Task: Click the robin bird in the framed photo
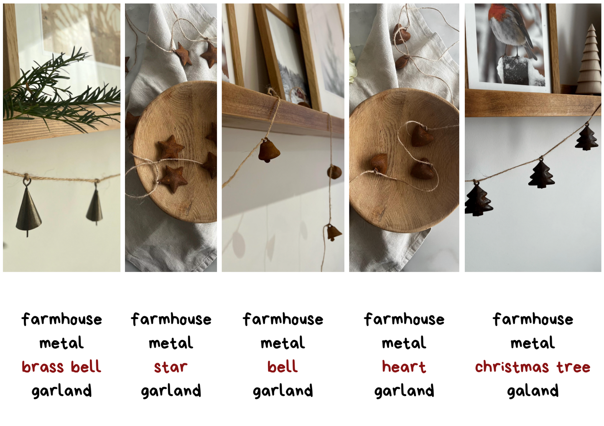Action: click(509, 29)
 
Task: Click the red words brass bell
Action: click(61, 367)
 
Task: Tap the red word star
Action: click(171, 367)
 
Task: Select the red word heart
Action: click(404, 367)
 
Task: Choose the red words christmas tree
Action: click(533, 367)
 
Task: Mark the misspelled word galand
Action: click(533, 390)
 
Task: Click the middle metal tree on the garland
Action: click(541, 175)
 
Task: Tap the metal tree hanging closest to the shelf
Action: click(586, 138)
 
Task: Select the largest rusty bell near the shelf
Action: click(269, 151)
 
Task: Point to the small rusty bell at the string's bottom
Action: click(334, 233)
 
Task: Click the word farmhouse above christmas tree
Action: click(533, 319)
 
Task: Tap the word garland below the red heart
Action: click(404, 390)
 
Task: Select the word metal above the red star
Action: click(171, 343)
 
